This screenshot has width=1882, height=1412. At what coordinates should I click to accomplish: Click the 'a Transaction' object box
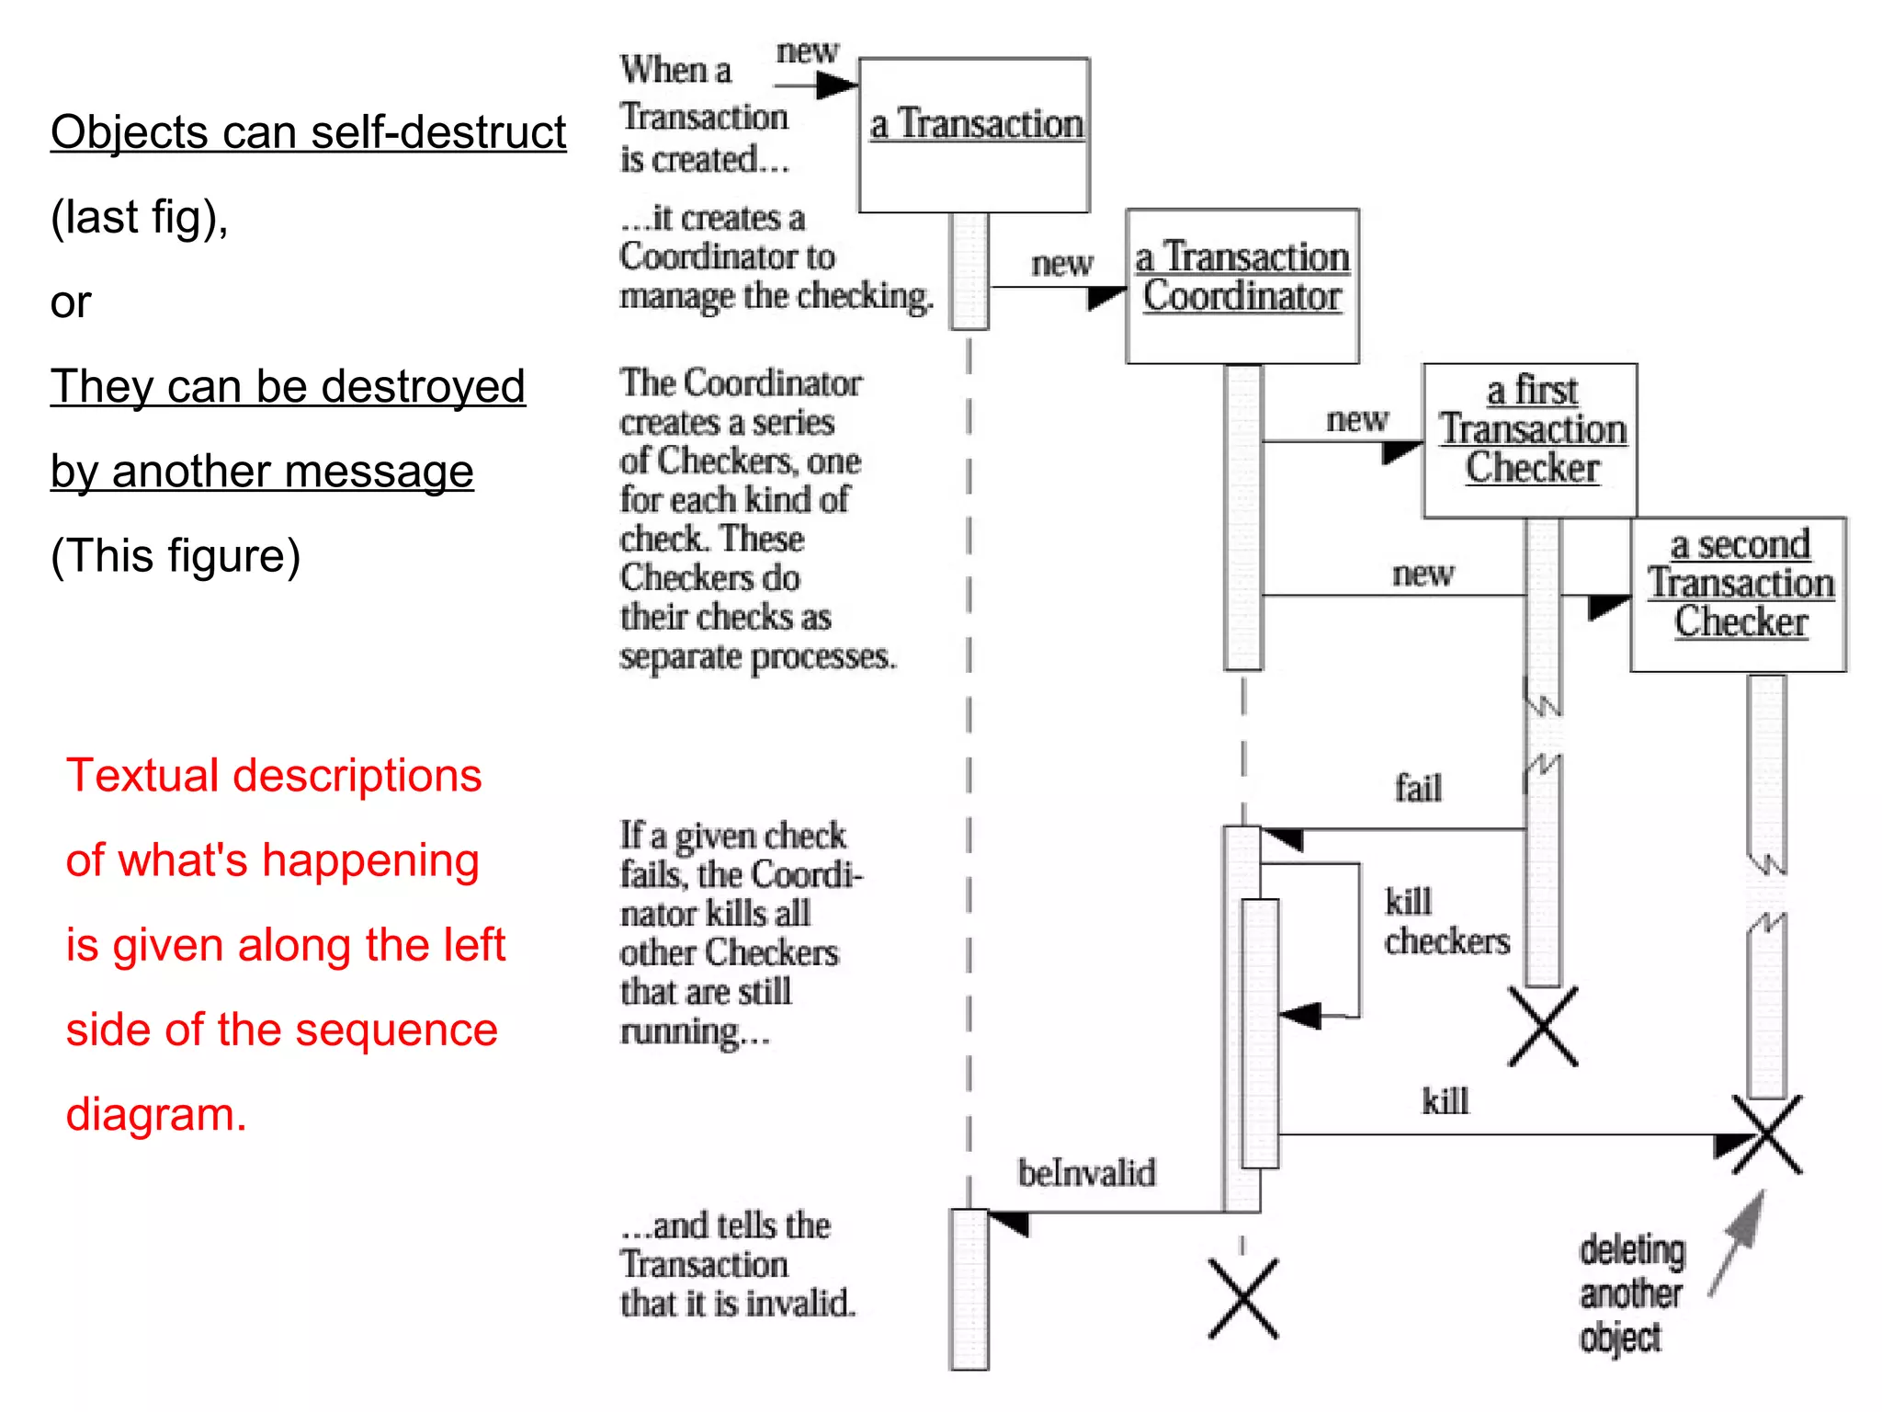(x=974, y=135)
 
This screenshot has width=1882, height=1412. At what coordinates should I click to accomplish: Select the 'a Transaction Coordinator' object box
(x=1241, y=285)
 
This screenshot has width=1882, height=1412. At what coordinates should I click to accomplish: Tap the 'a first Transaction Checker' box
(x=1530, y=439)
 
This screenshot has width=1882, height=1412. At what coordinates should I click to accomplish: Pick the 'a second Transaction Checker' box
(x=1739, y=594)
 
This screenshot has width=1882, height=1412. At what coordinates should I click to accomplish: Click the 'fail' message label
(x=1418, y=789)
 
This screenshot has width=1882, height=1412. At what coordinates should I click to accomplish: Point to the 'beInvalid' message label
(x=1086, y=1173)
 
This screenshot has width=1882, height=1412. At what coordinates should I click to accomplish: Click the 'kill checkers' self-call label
(x=1446, y=921)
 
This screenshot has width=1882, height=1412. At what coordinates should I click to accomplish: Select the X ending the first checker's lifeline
(x=1543, y=1026)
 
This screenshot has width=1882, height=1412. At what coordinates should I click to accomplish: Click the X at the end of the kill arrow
(x=1766, y=1134)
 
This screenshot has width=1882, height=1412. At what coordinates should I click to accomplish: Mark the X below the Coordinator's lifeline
(x=1242, y=1298)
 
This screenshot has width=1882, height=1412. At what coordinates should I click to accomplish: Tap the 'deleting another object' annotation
(x=1631, y=1293)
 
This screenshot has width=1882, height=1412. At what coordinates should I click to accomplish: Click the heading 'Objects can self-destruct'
(x=308, y=132)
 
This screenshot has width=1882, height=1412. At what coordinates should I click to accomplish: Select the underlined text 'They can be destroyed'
(x=288, y=386)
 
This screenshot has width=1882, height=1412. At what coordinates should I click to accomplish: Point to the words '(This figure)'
(x=176, y=555)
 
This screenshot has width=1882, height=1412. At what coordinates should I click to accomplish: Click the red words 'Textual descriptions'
(x=274, y=775)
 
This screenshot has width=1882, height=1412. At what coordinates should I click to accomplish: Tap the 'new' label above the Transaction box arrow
(x=807, y=51)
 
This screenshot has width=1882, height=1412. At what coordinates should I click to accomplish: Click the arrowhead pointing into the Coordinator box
(x=1105, y=297)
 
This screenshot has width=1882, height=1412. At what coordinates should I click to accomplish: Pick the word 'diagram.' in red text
(x=156, y=1114)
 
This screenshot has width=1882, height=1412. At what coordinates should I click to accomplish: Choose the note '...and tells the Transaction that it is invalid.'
(x=737, y=1264)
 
